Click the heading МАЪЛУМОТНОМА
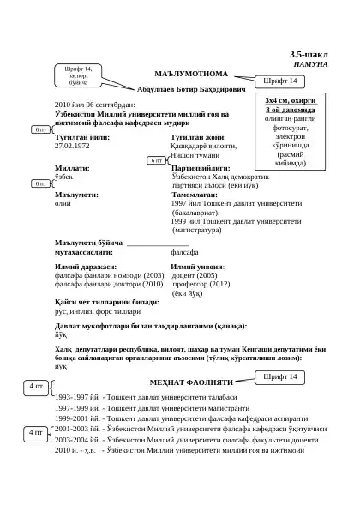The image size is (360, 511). click(190, 74)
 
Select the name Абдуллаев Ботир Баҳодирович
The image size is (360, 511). click(191, 88)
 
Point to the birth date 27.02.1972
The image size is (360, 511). click(72, 146)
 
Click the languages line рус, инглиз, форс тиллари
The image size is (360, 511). click(97, 312)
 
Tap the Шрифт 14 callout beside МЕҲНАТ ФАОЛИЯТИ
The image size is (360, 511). click(280, 376)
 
